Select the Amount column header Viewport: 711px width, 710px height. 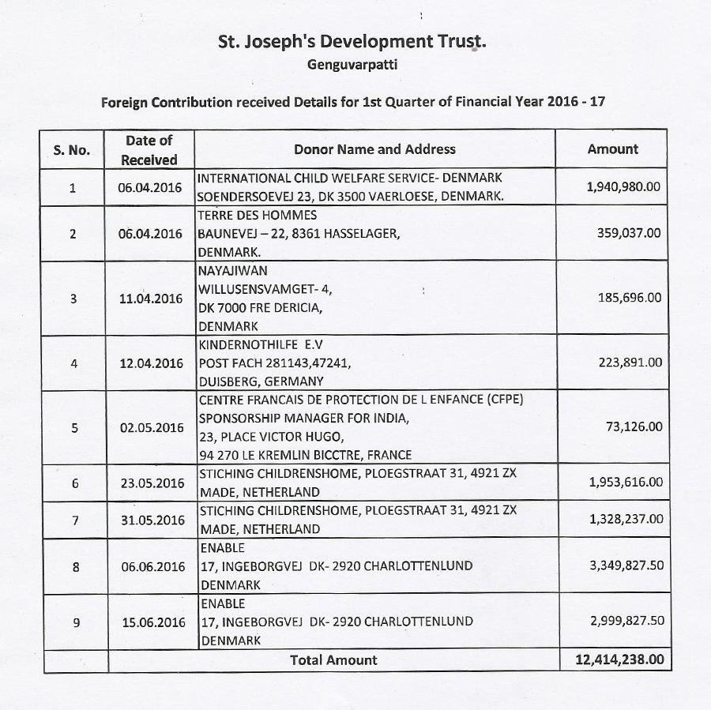(612, 148)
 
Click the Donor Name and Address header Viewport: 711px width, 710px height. (374, 148)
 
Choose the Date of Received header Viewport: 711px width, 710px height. (149, 149)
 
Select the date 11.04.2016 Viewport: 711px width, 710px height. (151, 299)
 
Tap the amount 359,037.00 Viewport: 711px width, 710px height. (630, 233)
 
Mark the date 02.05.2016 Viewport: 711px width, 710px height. (152, 427)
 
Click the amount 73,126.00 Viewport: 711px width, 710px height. (634, 426)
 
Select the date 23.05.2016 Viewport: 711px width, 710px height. (152, 483)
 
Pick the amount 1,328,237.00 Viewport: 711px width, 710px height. (626, 519)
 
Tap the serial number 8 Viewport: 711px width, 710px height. (75, 566)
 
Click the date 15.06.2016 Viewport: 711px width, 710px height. (153, 622)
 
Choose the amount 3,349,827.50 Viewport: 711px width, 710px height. (626, 565)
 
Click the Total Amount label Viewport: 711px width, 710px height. (333, 659)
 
